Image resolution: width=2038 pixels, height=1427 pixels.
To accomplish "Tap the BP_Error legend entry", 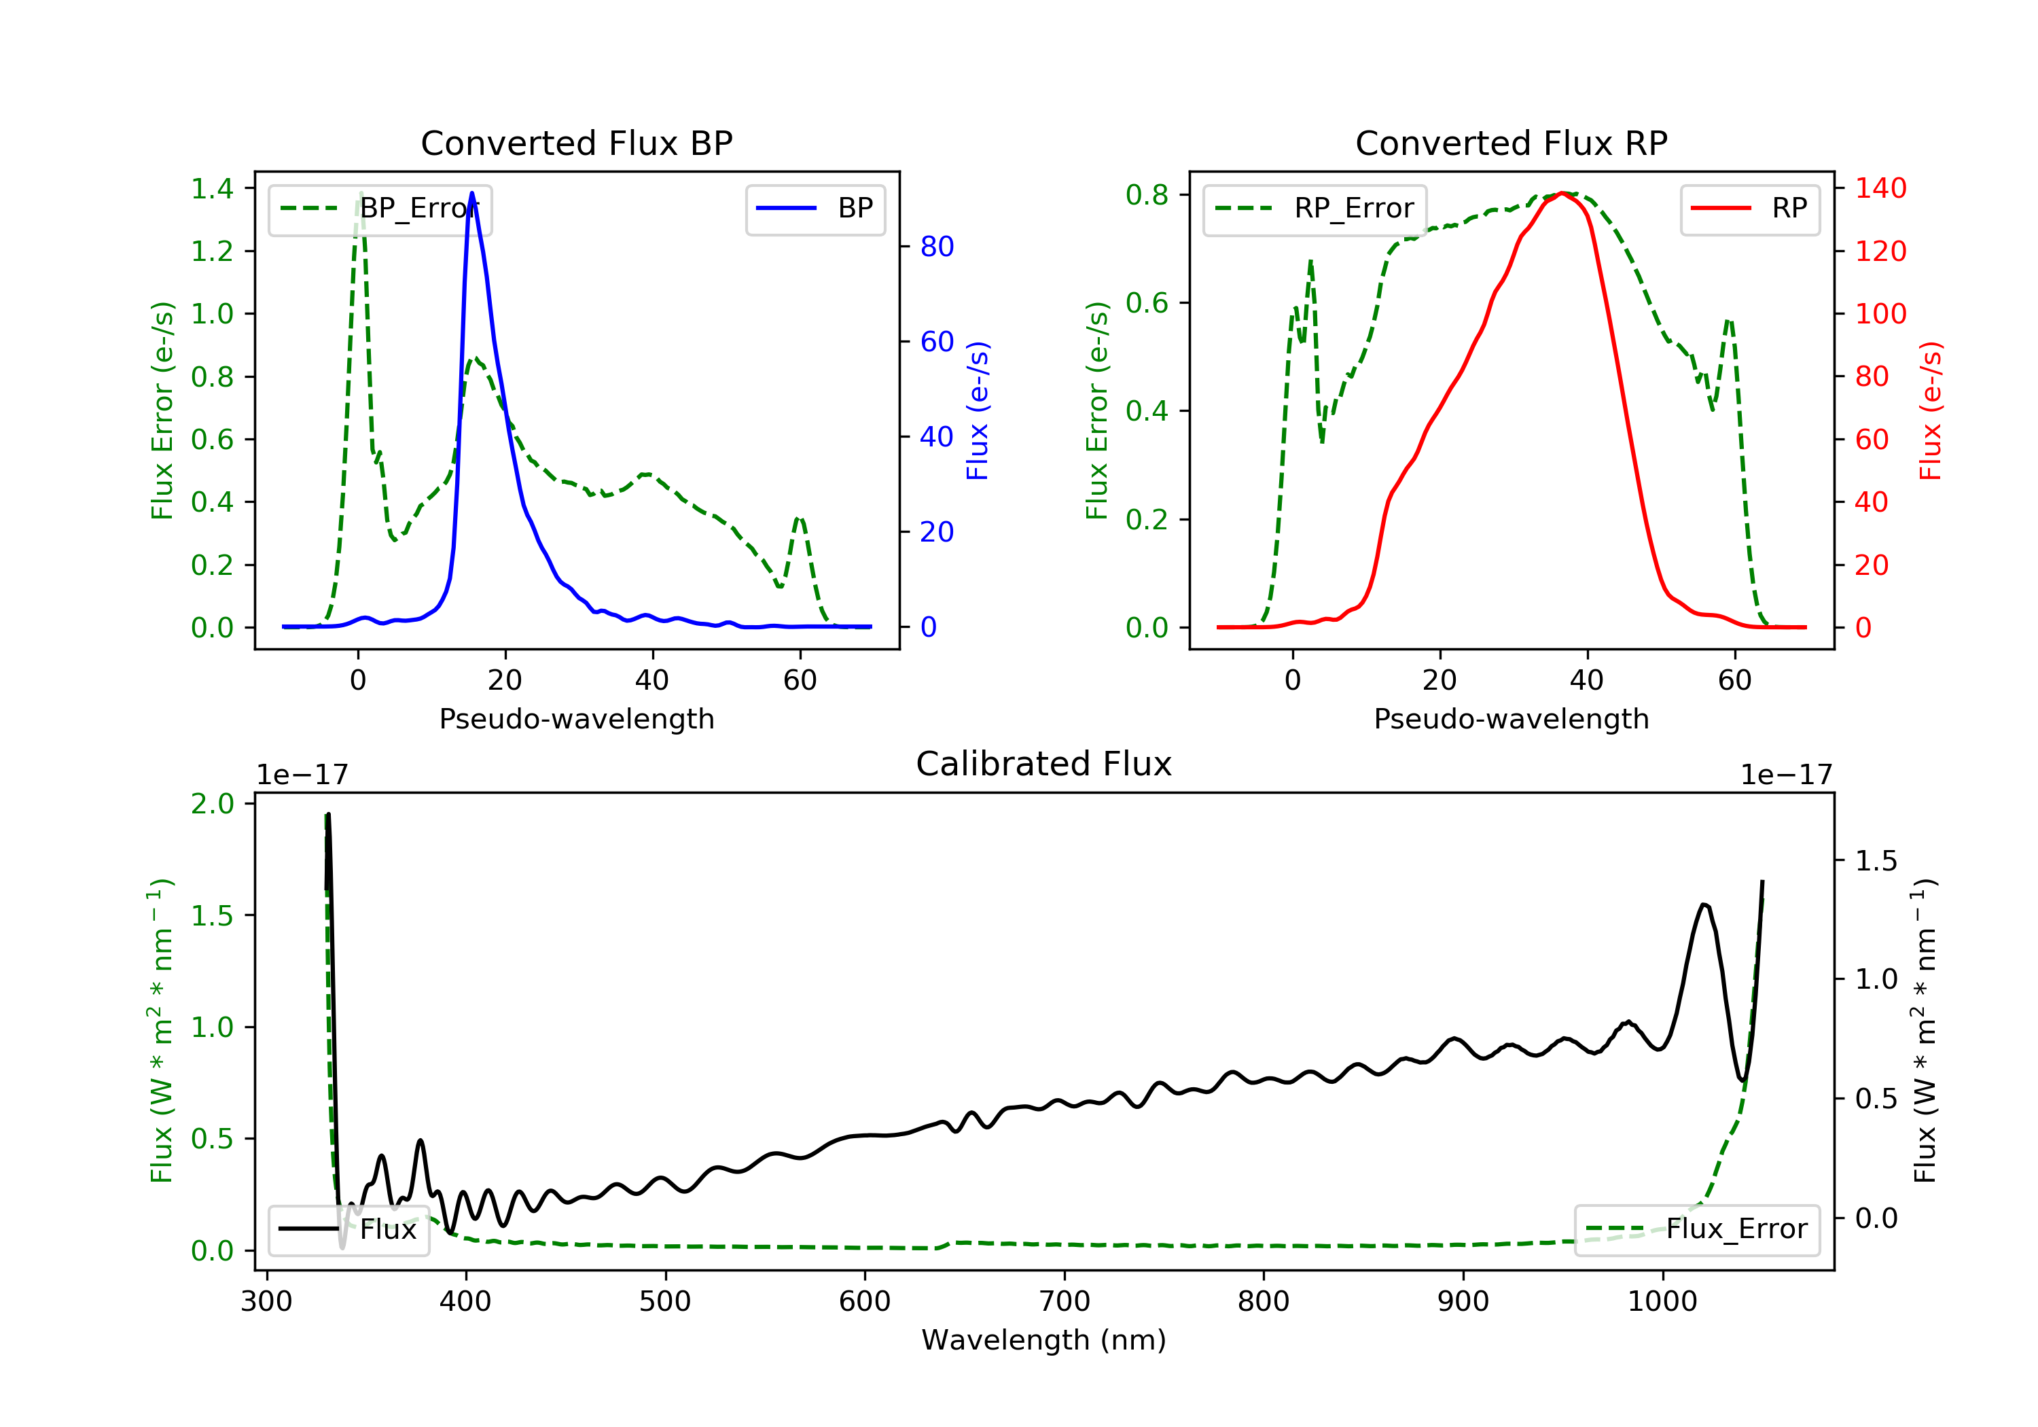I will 380,209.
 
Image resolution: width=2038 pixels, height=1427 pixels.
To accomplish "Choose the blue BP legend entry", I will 815,209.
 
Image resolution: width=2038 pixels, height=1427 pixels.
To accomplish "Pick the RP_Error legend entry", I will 1315,209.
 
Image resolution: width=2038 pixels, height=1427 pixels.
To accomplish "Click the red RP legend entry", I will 1749,209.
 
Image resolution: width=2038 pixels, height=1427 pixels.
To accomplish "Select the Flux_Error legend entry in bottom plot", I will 1696,1229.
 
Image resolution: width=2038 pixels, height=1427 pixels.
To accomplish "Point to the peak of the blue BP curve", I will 471,193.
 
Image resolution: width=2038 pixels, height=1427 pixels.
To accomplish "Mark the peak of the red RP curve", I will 1562,194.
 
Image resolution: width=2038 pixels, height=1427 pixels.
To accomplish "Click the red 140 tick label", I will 1880,188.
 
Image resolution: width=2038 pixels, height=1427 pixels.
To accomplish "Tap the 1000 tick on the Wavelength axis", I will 1662,1302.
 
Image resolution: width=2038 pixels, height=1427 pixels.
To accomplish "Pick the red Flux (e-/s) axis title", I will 1930,410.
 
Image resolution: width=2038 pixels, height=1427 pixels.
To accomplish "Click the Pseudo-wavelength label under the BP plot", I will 576,719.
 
